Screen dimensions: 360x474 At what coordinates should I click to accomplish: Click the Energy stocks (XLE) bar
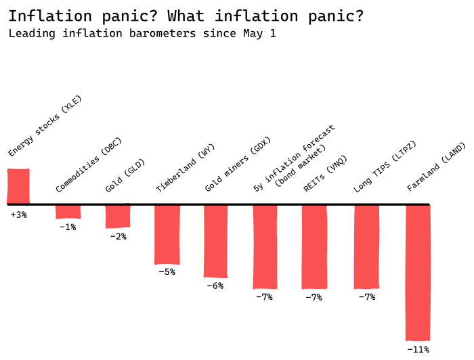pyautogui.click(x=18, y=186)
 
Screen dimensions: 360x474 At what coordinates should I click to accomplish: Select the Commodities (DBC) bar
pyautogui.click(x=68, y=211)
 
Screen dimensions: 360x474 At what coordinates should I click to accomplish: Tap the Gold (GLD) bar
pyautogui.click(x=117, y=216)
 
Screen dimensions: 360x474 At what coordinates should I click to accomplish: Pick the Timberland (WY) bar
pyautogui.click(x=167, y=234)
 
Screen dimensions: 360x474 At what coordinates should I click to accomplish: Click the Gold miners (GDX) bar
pyautogui.click(x=216, y=240)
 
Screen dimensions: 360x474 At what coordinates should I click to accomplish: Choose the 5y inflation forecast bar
pyautogui.click(x=265, y=246)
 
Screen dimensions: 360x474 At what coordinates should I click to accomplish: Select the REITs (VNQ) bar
pyautogui.click(x=314, y=246)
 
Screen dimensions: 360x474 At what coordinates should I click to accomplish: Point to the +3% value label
pyautogui.click(x=18, y=215)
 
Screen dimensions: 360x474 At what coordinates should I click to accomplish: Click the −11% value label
pyautogui.click(x=418, y=349)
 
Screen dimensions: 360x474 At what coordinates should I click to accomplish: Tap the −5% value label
pyautogui.click(x=167, y=272)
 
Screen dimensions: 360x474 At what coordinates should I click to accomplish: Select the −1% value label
pyautogui.click(x=68, y=227)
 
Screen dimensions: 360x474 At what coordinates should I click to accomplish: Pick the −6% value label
pyautogui.click(x=215, y=286)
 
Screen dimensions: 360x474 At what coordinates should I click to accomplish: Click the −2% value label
pyautogui.click(x=118, y=236)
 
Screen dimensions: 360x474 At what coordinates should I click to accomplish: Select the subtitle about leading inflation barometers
pyautogui.click(x=142, y=33)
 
